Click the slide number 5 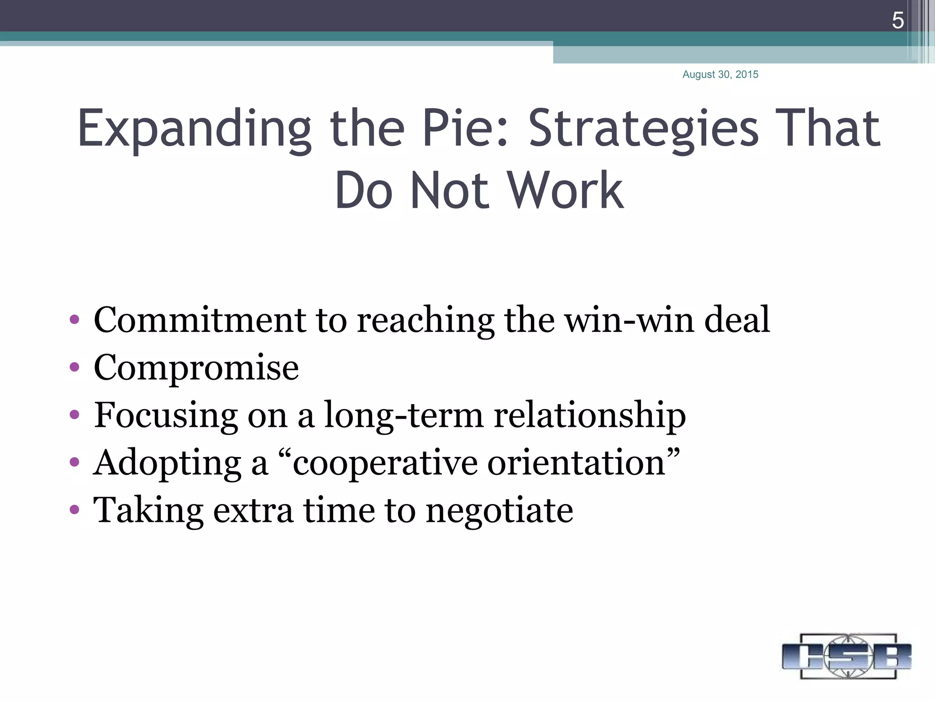click(x=898, y=21)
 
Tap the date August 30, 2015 click(x=720, y=74)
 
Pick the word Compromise click(x=196, y=368)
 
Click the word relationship click(x=589, y=415)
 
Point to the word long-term click(x=404, y=415)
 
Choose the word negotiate click(x=499, y=511)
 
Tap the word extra click(x=253, y=511)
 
